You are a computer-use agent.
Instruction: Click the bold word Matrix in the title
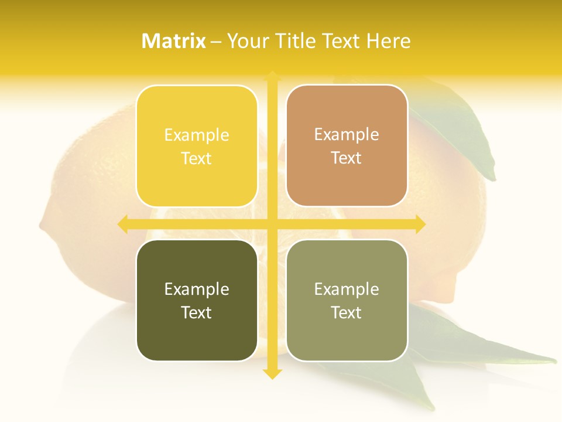(174, 41)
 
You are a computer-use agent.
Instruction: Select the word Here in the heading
(388, 41)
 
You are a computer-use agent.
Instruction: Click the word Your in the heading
(248, 41)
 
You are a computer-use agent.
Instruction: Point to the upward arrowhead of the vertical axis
(272, 76)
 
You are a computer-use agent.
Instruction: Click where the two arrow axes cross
(272, 224)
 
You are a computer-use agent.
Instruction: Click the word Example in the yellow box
(197, 135)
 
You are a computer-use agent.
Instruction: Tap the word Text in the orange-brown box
(347, 158)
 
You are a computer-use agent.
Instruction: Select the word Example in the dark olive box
(197, 289)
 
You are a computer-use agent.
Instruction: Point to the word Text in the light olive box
(347, 312)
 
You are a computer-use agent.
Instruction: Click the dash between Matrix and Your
(216, 42)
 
